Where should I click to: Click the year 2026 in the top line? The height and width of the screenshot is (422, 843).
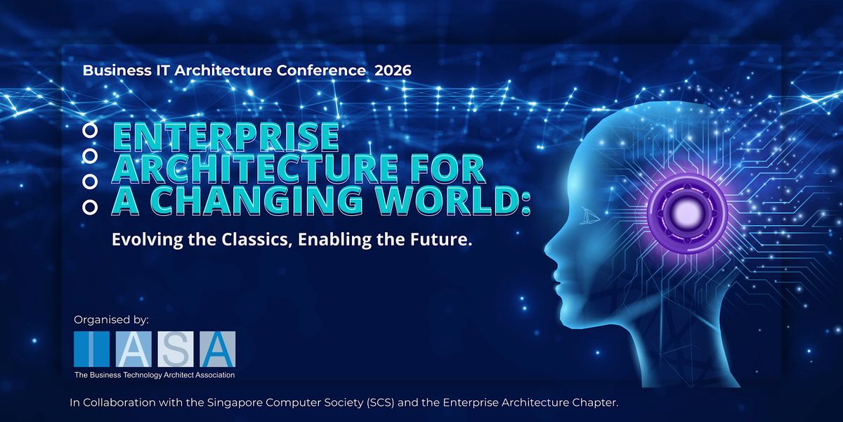click(393, 70)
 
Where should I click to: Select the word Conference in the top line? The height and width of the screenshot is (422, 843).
click(320, 70)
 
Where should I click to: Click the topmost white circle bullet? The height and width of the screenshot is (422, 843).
click(90, 130)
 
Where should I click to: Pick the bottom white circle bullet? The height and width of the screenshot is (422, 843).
click(90, 207)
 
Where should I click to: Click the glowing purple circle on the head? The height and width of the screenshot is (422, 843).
click(687, 214)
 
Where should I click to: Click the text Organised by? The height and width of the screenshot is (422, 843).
click(112, 320)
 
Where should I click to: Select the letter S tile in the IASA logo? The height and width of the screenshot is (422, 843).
click(176, 349)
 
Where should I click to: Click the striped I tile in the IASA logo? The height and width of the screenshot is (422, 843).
click(91, 349)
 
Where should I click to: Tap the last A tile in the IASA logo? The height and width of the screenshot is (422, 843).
click(218, 349)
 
